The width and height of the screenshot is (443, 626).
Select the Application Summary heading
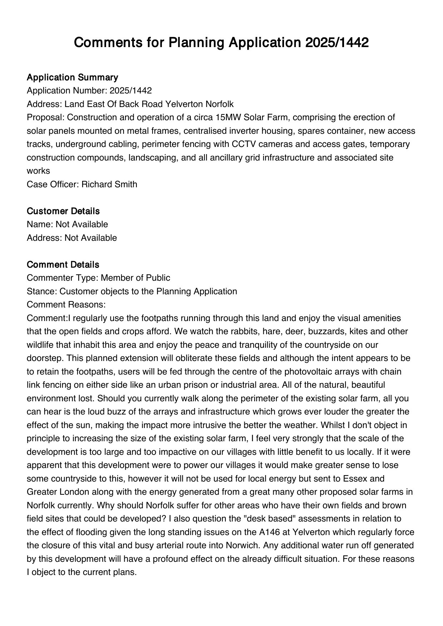[x=72, y=77]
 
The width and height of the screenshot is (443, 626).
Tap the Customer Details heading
[x=63, y=211]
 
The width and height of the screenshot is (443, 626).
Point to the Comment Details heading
[x=63, y=265]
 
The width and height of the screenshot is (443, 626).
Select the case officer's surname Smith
[x=125, y=184]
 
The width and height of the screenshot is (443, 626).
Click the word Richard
[x=94, y=184]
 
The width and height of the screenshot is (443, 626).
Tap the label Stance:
[x=42, y=291]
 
